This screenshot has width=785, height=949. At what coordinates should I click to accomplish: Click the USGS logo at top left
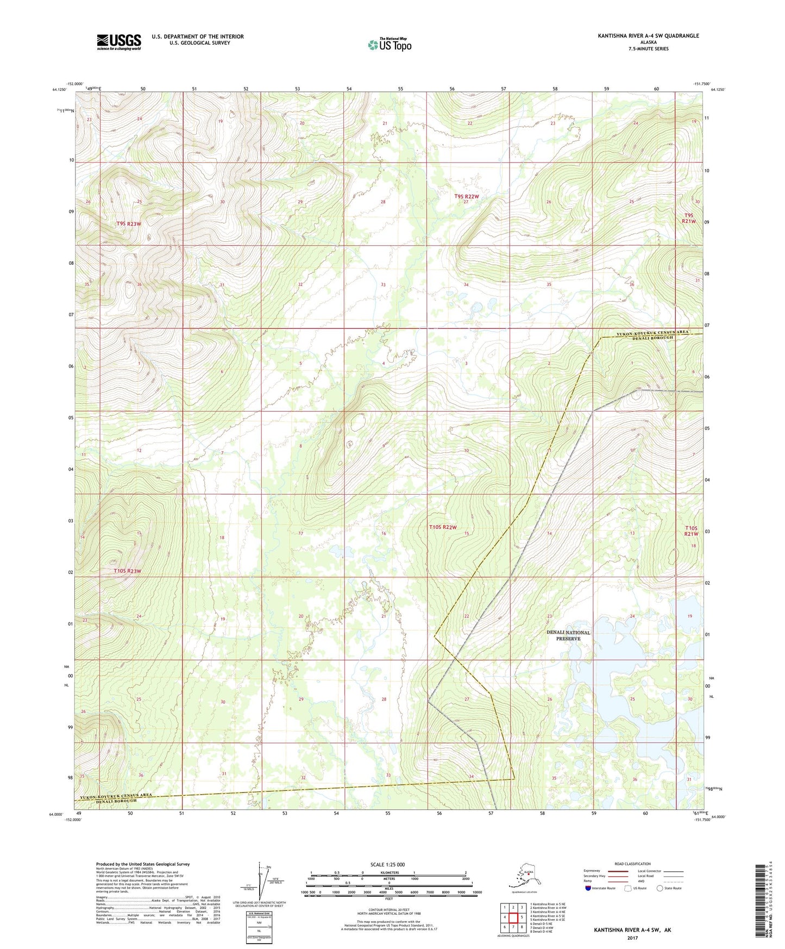pos(118,42)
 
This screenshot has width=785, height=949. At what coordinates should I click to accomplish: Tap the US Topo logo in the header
pos(389,45)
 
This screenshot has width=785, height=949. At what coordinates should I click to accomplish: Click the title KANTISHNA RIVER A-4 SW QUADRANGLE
pos(648,36)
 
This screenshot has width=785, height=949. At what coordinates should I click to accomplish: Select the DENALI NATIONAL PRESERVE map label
pos(568,635)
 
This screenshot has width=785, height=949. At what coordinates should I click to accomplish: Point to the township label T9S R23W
pos(128,224)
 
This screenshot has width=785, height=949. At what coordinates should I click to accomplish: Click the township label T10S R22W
pos(443,527)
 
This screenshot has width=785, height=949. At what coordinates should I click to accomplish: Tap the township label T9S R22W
pos(467,196)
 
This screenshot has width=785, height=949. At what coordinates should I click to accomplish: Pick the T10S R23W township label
pos(128,571)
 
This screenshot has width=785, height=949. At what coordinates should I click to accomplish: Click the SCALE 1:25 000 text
pos(387,865)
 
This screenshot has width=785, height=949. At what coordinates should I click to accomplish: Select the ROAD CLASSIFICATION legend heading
pos(632,864)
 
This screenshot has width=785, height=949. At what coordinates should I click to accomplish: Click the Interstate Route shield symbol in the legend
pos(588,888)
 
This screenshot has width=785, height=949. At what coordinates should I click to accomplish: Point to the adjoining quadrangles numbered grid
pos(513,917)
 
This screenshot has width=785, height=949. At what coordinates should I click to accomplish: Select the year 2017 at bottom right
pos(632,938)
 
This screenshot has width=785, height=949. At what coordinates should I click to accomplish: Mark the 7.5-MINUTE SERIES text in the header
pos(648,49)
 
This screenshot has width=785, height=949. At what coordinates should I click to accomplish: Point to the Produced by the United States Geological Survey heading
pos(143,864)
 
